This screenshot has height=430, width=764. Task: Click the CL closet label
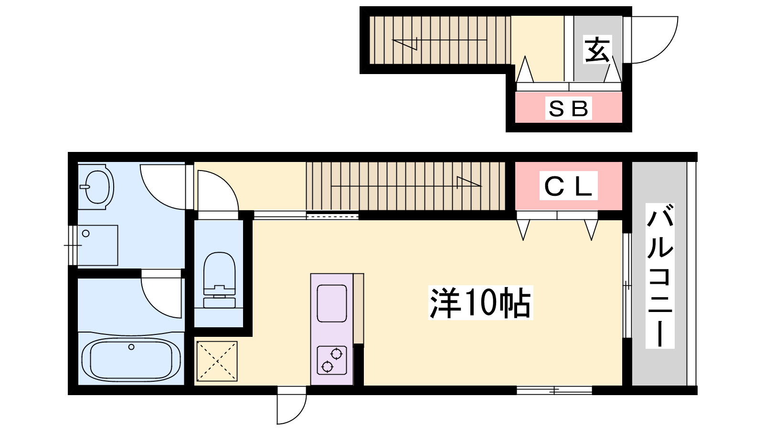coord(568,186)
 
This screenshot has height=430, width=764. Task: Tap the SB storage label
coord(568,108)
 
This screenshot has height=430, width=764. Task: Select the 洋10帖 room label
coord(480,302)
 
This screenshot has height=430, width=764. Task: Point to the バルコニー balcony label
coord(660,276)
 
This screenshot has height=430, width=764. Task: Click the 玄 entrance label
coord(597,50)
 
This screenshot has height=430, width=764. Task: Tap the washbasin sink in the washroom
coord(97,187)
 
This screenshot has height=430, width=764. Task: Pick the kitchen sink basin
coord(332,303)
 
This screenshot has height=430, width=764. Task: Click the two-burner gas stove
coord(332,360)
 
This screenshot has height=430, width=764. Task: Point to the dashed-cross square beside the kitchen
coord(217,361)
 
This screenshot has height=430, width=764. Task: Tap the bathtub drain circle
coord(131,347)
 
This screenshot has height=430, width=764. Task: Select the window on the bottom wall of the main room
coord(554,390)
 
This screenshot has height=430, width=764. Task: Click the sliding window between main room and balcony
coord(627,285)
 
